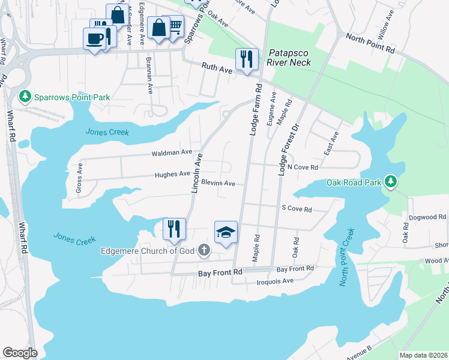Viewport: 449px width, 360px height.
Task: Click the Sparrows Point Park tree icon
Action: point(25,96)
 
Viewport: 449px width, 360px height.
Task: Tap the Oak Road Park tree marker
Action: point(391,182)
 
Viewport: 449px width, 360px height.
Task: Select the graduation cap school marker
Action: point(226,232)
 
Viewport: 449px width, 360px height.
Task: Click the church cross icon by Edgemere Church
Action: point(204,250)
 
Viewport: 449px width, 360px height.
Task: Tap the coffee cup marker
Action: point(94,39)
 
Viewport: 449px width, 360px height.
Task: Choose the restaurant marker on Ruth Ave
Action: point(247,59)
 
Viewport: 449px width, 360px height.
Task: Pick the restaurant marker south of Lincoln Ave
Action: point(174,229)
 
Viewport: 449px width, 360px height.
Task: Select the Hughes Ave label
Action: point(172,174)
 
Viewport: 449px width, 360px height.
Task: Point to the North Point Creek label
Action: point(346,256)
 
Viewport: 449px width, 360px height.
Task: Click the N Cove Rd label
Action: point(303,167)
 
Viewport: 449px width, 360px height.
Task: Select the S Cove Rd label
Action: point(297,209)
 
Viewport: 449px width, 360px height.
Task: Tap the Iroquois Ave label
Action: point(274,281)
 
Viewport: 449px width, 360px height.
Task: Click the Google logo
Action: point(20,353)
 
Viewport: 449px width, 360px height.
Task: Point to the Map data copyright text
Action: point(423,355)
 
